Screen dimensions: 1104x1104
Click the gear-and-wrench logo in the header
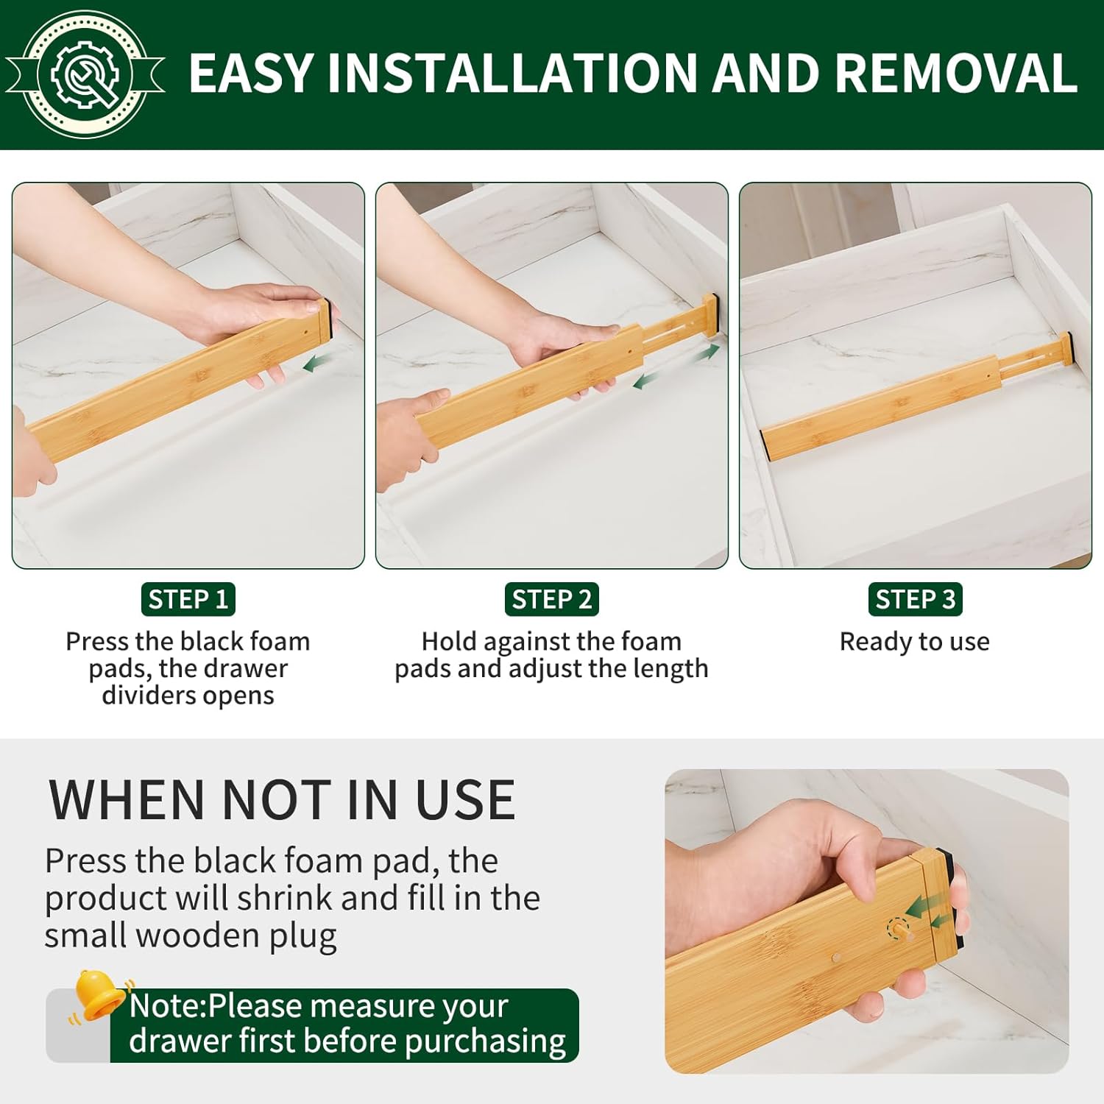(85, 74)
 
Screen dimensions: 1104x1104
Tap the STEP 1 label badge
(188, 599)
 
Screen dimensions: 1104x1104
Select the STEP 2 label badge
(551, 599)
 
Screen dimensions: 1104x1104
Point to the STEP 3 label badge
(915, 599)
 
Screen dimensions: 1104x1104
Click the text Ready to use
(914, 642)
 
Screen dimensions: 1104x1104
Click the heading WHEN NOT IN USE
(281, 800)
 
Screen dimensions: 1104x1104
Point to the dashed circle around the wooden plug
(897, 929)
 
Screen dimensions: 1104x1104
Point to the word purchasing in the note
(485, 1041)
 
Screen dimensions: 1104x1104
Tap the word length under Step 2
(670, 669)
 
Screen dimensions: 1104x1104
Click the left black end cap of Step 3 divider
(768, 446)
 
